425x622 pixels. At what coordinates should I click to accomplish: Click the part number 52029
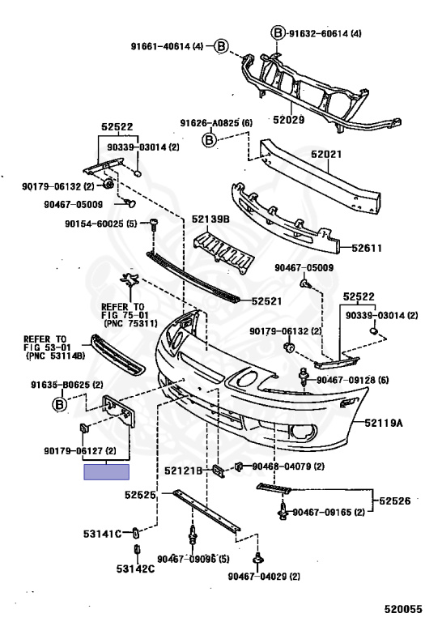[289, 119]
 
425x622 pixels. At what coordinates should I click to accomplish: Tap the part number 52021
[326, 154]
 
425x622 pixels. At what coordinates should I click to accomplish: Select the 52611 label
[367, 249]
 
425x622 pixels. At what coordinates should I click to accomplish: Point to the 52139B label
[210, 219]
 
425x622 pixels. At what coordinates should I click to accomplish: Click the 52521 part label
[267, 301]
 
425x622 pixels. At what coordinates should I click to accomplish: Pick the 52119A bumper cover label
[384, 423]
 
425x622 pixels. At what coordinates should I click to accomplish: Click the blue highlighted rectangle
[106, 472]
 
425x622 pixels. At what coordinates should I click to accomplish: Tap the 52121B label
[183, 471]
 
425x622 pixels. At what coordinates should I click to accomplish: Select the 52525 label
[140, 495]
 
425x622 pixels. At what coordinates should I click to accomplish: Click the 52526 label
[395, 501]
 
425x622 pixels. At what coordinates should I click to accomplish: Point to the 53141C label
[102, 534]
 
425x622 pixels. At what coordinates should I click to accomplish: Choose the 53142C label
[135, 569]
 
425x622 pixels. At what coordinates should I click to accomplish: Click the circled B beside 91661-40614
[221, 46]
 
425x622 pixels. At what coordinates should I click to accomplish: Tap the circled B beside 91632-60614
[278, 33]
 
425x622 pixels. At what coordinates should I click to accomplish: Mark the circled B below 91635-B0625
[59, 405]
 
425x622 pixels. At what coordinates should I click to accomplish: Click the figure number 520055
[403, 609]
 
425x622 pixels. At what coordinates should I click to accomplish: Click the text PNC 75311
[131, 324]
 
